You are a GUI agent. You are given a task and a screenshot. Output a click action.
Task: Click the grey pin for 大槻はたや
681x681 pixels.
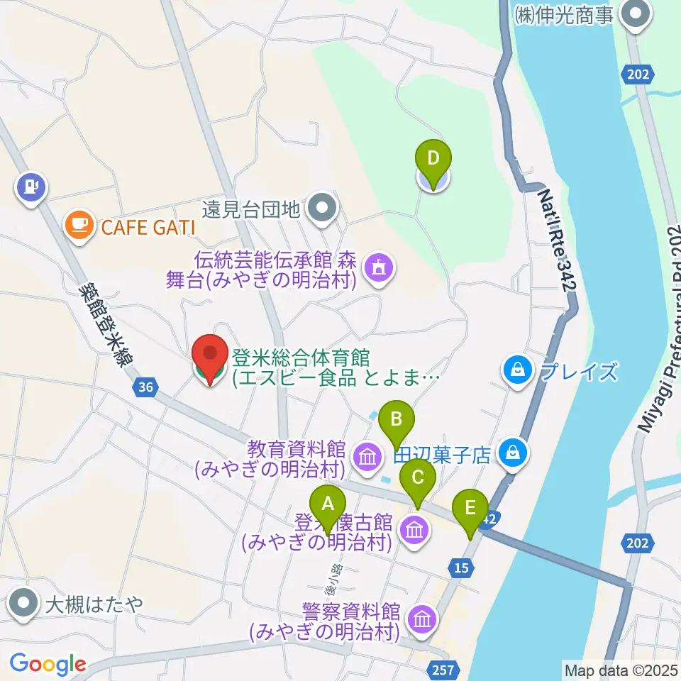click(x=24, y=604)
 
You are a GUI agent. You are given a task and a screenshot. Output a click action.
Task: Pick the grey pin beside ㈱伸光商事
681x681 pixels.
click(x=634, y=15)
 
